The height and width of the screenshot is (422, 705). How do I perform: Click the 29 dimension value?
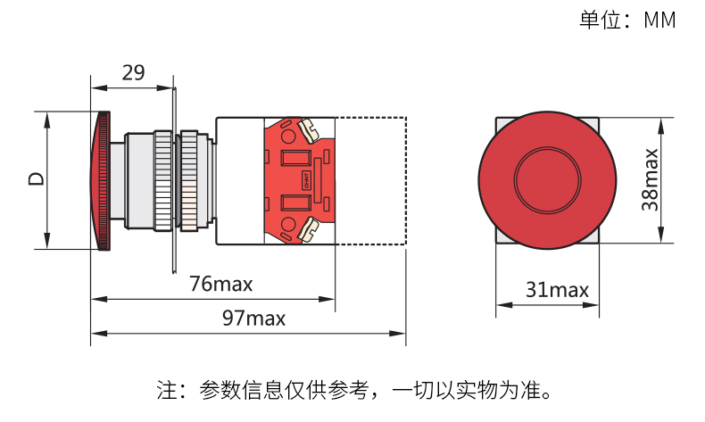134,73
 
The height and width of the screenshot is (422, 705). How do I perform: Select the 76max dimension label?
220,284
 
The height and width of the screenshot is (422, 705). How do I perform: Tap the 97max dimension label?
254,319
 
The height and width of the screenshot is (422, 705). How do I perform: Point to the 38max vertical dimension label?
651,179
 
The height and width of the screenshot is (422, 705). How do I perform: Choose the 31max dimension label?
557,290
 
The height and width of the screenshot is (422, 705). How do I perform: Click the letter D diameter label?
37,178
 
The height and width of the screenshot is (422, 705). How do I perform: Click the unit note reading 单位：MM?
627,21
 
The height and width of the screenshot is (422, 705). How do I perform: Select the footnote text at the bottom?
354,390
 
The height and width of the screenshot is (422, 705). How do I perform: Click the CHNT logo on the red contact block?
307,180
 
